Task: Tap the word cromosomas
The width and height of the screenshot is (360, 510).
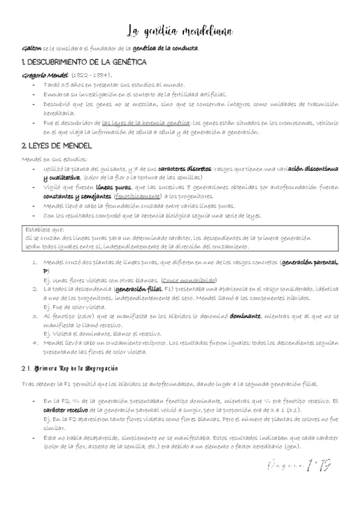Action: pos(288,123)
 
